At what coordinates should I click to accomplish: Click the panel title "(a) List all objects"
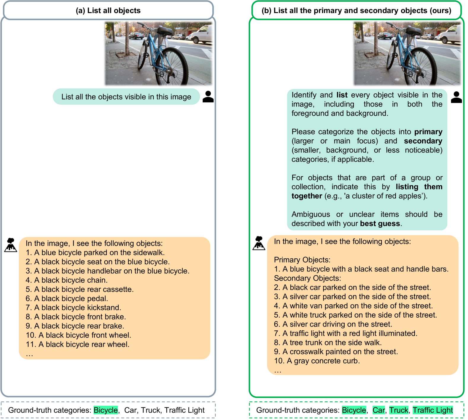point(108,10)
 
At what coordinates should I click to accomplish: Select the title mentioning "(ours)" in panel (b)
point(356,10)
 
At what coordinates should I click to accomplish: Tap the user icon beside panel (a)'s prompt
point(208,97)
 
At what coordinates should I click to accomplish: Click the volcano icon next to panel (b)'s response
point(259,243)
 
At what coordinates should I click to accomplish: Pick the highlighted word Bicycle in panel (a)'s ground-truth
point(106,410)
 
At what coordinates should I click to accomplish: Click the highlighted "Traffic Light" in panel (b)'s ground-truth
point(433,410)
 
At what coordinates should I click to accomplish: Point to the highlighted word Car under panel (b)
point(379,410)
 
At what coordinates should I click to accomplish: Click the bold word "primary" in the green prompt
point(428,132)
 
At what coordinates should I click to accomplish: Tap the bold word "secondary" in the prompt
point(423,141)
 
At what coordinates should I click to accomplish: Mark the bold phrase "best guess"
point(380,223)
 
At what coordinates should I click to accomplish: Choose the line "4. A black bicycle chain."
point(67,280)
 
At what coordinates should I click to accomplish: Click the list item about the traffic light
point(346,333)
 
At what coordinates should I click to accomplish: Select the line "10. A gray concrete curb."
point(317,361)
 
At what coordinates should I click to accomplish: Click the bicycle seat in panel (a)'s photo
point(165,30)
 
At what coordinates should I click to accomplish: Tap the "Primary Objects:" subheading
point(302,260)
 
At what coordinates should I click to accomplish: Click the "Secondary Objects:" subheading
point(308,278)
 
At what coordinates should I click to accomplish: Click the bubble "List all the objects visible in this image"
point(126,97)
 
